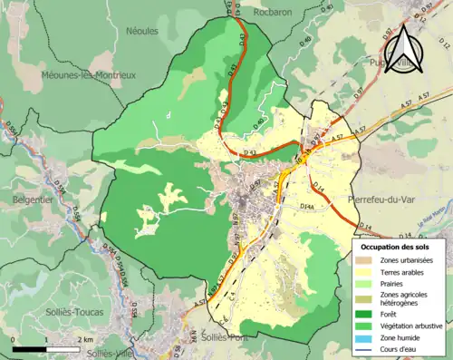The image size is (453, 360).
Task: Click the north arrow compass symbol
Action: [405, 49]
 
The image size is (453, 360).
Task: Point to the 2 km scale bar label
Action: [85, 339]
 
